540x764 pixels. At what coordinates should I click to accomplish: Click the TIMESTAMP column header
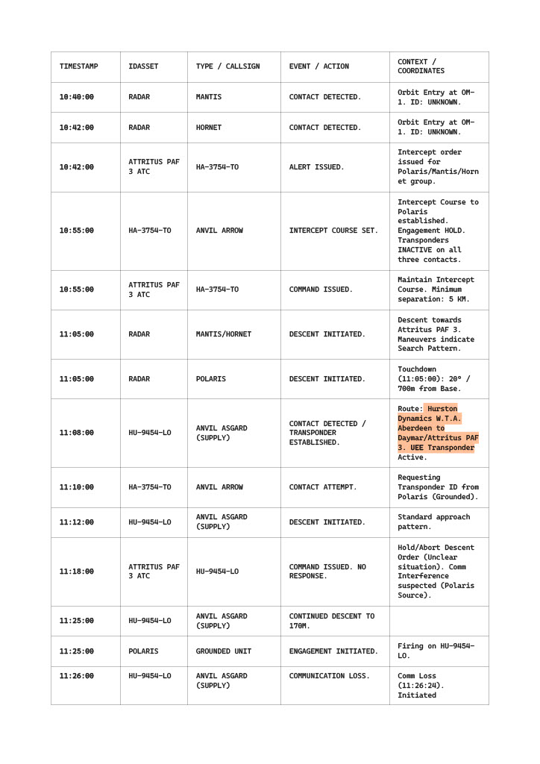(78, 66)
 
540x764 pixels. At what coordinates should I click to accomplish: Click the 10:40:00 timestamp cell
(77, 97)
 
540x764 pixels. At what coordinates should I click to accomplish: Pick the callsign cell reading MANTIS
(209, 97)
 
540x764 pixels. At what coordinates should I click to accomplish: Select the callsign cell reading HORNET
(209, 128)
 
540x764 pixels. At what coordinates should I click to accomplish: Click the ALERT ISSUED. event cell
(316, 167)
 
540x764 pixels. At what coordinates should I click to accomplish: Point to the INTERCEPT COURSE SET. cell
(333, 231)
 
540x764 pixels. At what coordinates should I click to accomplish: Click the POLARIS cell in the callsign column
(211, 379)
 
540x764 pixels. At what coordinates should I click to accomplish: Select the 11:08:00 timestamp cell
(77, 433)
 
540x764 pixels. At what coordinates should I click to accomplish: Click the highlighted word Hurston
(443, 409)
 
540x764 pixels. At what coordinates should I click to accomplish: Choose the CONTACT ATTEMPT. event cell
(322, 487)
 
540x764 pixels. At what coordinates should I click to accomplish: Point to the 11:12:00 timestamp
(77, 522)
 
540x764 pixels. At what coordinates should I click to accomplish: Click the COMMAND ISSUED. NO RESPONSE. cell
(327, 572)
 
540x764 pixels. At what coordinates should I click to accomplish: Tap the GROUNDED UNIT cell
(224, 651)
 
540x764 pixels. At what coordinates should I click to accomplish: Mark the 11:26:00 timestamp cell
(77, 676)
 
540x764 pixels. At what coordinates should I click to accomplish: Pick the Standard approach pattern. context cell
(433, 522)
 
